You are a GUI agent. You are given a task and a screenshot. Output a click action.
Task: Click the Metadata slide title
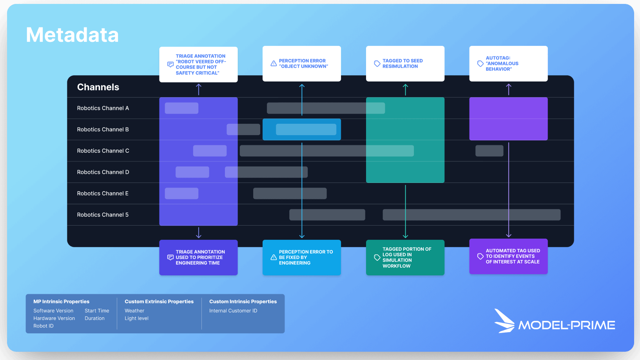[x=72, y=35]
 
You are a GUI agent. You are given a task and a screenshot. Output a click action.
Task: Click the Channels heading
[x=98, y=87]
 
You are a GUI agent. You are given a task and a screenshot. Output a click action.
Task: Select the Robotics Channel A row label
[x=103, y=108]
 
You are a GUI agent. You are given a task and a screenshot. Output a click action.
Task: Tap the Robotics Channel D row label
[x=103, y=172]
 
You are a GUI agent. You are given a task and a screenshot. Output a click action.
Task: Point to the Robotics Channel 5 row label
[x=103, y=215]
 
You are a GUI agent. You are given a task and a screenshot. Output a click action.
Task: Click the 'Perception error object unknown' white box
[x=301, y=63]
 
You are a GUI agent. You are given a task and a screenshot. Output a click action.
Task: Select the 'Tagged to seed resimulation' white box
[x=405, y=63]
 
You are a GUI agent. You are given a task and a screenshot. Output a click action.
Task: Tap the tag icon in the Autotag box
[x=480, y=63]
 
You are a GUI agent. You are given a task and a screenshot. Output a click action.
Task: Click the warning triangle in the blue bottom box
[x=274, y=257]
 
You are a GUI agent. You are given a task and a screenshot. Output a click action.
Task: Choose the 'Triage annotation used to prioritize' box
[x=198, y=257]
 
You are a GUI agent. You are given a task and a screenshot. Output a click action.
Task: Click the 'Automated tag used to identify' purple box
[x=508, y=256]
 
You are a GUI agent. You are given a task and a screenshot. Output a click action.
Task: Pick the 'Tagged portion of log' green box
[x=405, y=257]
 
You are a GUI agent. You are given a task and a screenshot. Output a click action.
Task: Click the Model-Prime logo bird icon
[x=504, y=321]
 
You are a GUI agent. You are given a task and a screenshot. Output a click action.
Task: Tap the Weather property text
[x=134, y=311]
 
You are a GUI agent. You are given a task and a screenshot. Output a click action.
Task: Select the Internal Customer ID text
[x=233, y=311]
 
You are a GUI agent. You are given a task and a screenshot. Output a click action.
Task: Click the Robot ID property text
[x=44, y=326]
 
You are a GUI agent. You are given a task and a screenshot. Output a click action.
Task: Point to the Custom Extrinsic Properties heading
[x=159, y=302]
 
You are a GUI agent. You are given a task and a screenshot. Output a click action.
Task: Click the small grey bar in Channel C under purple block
[x=489, y=151]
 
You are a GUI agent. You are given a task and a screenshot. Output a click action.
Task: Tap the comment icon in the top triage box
[x=170, y=64]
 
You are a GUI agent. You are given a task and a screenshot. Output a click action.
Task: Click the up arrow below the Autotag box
[x=509, y=89]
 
